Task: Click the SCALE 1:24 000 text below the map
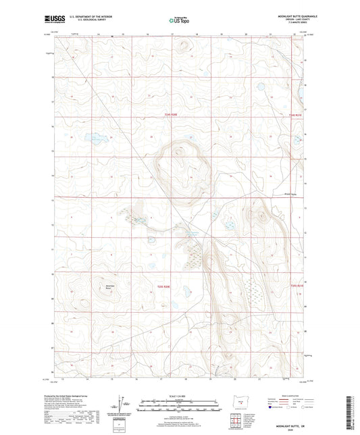180,396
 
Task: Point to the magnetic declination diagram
126,407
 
